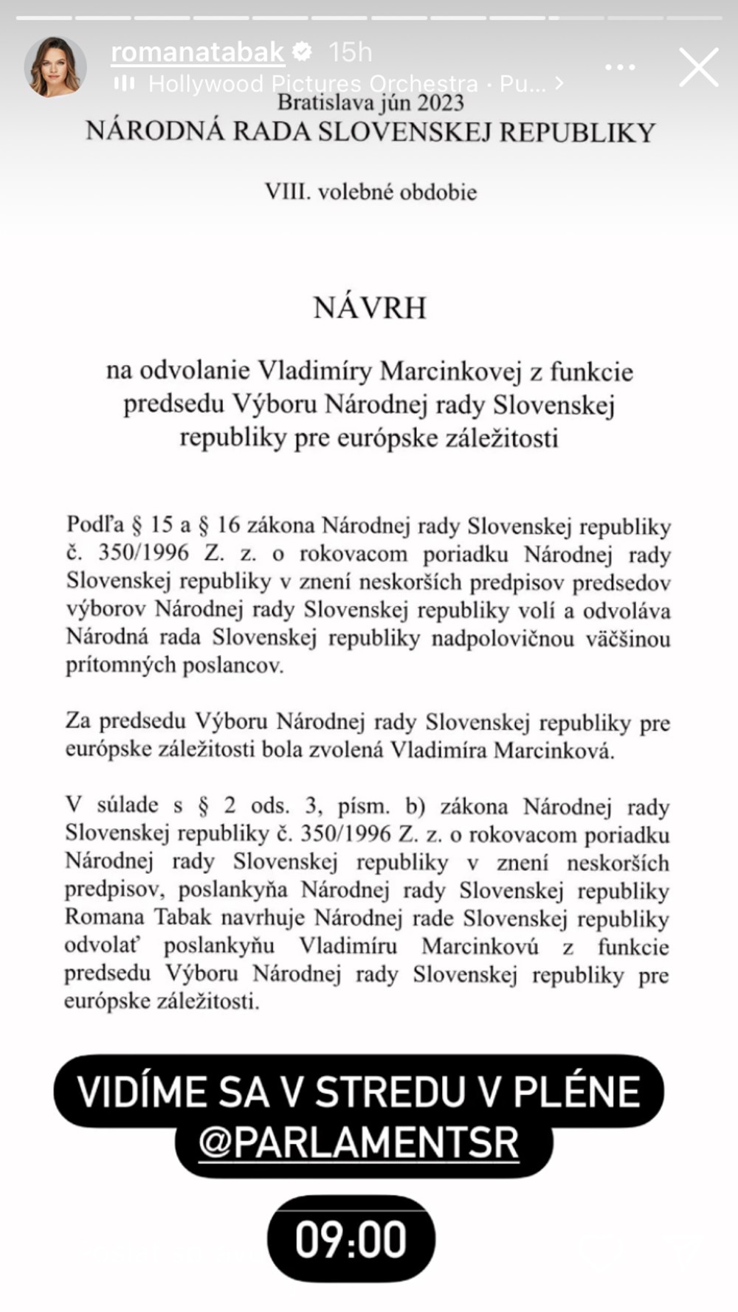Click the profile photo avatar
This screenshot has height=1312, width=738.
(x=55, y=66)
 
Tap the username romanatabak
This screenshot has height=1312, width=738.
(x=197, y=52)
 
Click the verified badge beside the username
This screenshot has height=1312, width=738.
(x=303, y=52)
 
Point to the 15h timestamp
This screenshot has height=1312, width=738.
(x=350, y=52)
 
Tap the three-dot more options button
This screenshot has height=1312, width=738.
(x=620, y=67)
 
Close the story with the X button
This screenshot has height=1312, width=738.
(x=698, y=67)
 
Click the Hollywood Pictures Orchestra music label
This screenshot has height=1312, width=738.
(x=314, y=83)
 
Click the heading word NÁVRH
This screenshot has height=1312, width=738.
(x=370, y=308)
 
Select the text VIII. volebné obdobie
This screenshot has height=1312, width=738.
(x=370, y=192)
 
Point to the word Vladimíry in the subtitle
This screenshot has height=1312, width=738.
(x=314, y=370)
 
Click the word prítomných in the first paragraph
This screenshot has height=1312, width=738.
(x=111, y=665)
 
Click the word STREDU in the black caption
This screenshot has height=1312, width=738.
(x=396, y=1092)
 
